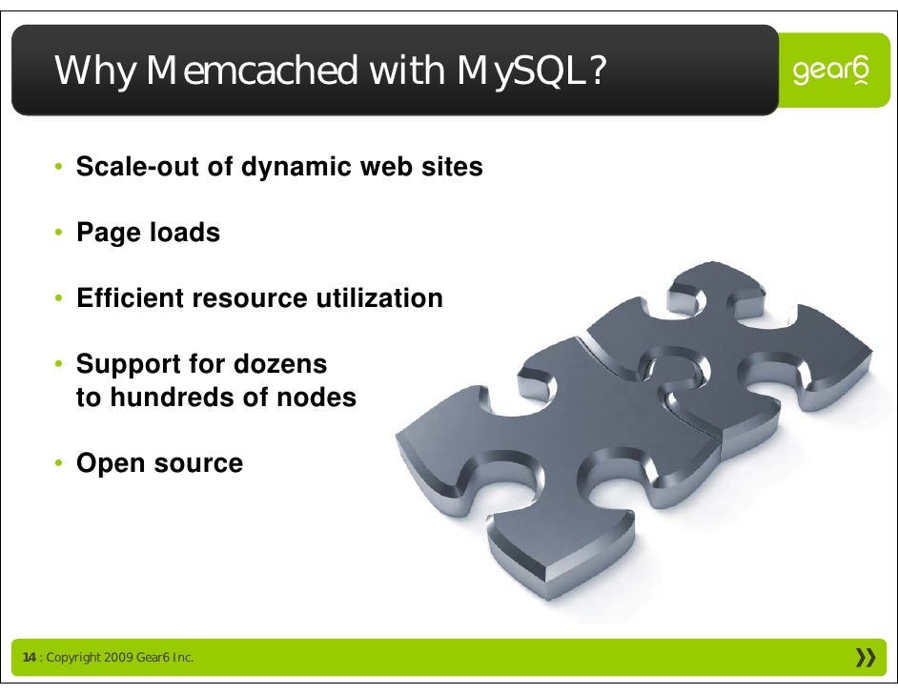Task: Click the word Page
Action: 107,233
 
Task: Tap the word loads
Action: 184,233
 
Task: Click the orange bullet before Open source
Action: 58,464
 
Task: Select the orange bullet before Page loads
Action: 58,233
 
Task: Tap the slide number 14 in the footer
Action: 29,658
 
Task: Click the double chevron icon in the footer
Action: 866,657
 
